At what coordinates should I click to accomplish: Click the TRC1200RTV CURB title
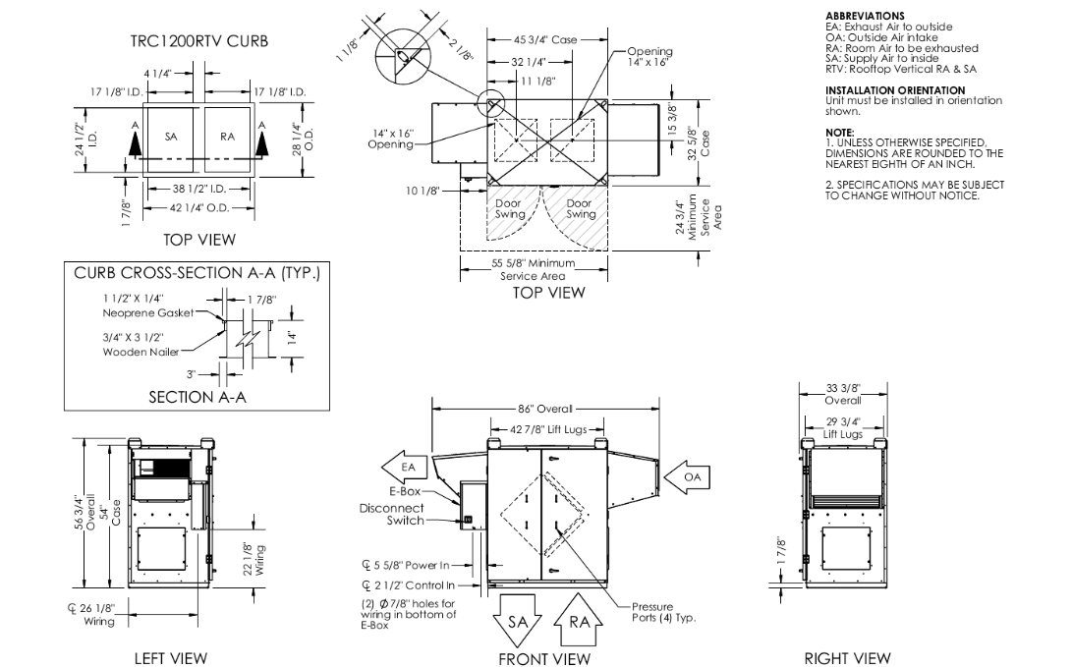[199, 41]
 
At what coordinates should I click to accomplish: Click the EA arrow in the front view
[409, 467]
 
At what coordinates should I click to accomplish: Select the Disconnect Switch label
[391, 514]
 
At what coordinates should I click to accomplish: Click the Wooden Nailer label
[141, 351]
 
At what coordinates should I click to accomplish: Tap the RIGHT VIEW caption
[846, 657]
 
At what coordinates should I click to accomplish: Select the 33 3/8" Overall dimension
[843, 395]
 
